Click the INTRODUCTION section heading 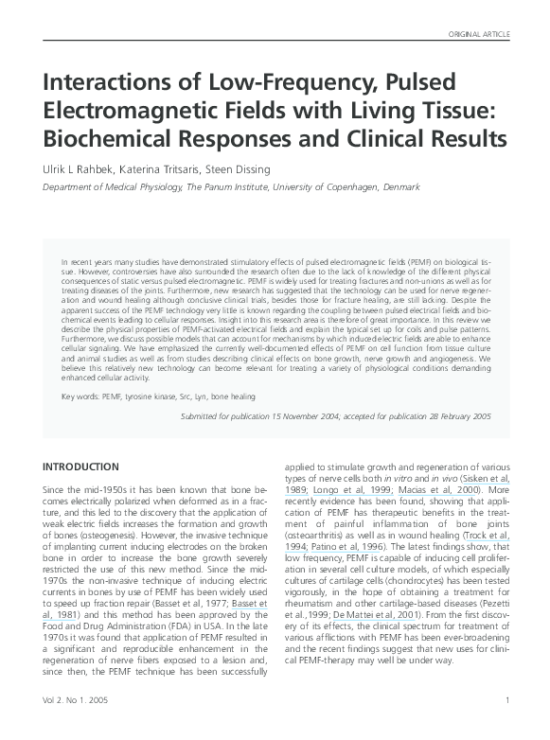click(81, 467)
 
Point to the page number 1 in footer click(508, 726)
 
